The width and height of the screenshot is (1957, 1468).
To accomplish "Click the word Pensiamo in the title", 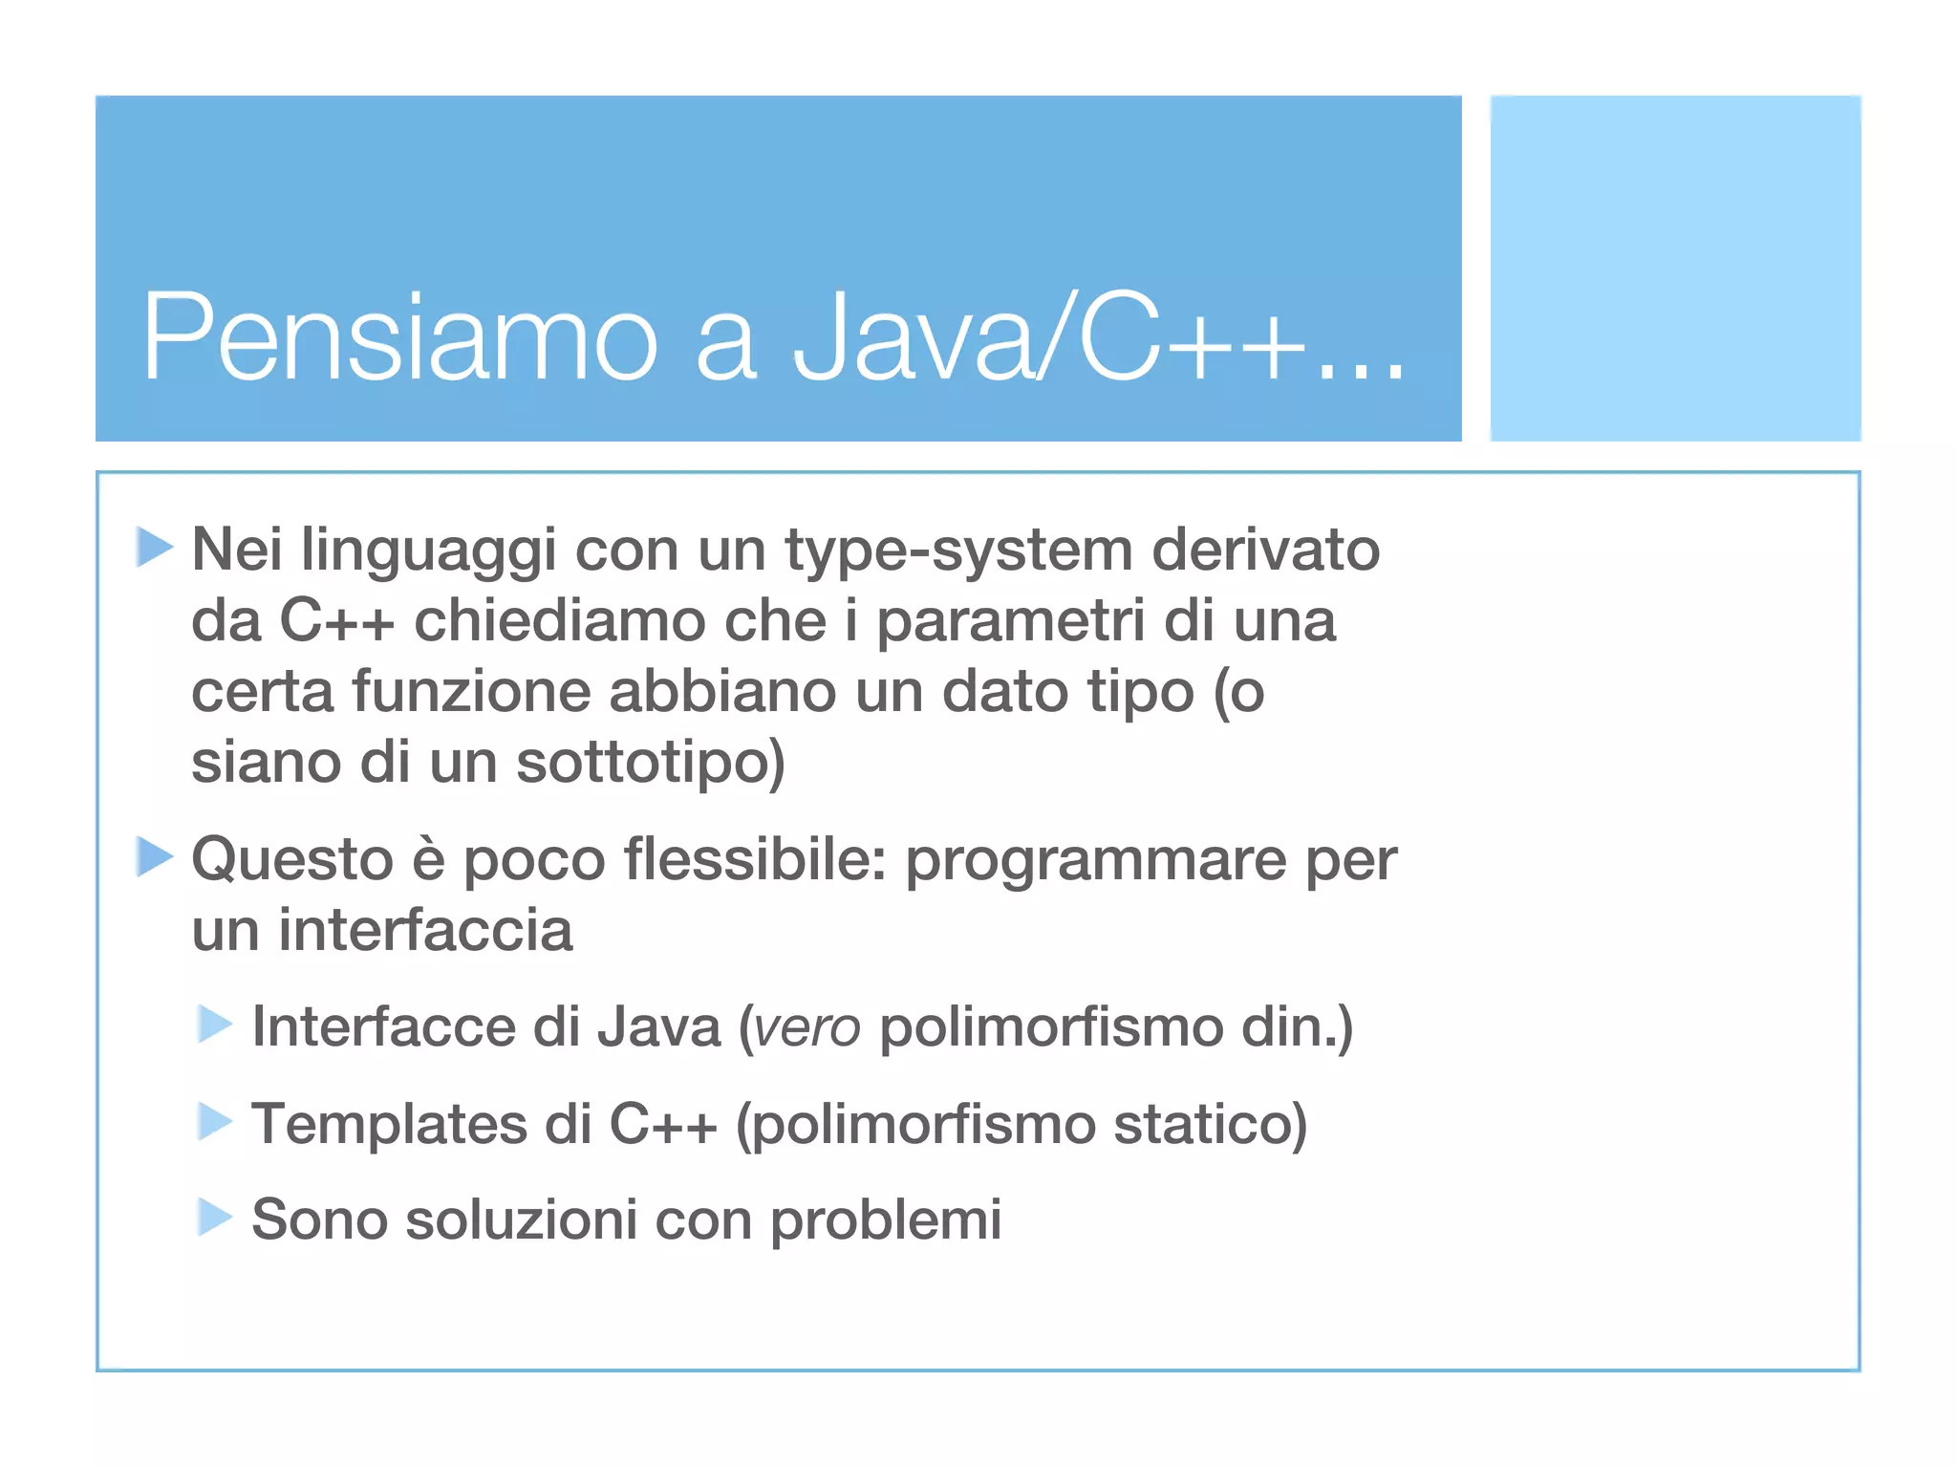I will tap(399, 337).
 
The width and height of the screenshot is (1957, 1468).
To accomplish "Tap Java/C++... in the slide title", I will tap(1099, 337).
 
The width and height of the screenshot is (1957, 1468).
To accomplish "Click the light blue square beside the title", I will tap(1675, 269).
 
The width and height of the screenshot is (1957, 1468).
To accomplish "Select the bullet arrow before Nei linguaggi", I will tap(154, 547).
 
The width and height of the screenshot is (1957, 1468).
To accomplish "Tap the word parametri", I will tap(1010, 622).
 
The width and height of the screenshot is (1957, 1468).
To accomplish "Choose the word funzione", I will tap(471, 691).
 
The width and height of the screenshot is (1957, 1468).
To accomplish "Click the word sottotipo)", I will tap(650, 763).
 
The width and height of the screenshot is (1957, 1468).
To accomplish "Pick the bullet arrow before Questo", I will tap(154, 856).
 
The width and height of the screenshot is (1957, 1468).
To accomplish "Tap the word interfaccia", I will tap(425, 930).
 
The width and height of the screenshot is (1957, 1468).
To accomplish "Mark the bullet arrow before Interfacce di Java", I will tap(215, 1025).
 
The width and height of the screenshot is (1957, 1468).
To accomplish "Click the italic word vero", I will tap(806, 1028).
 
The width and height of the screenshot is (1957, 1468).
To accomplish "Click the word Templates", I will tap(389, 1125).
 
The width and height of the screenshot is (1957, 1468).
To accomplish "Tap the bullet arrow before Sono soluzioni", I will tap(215, 1218).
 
